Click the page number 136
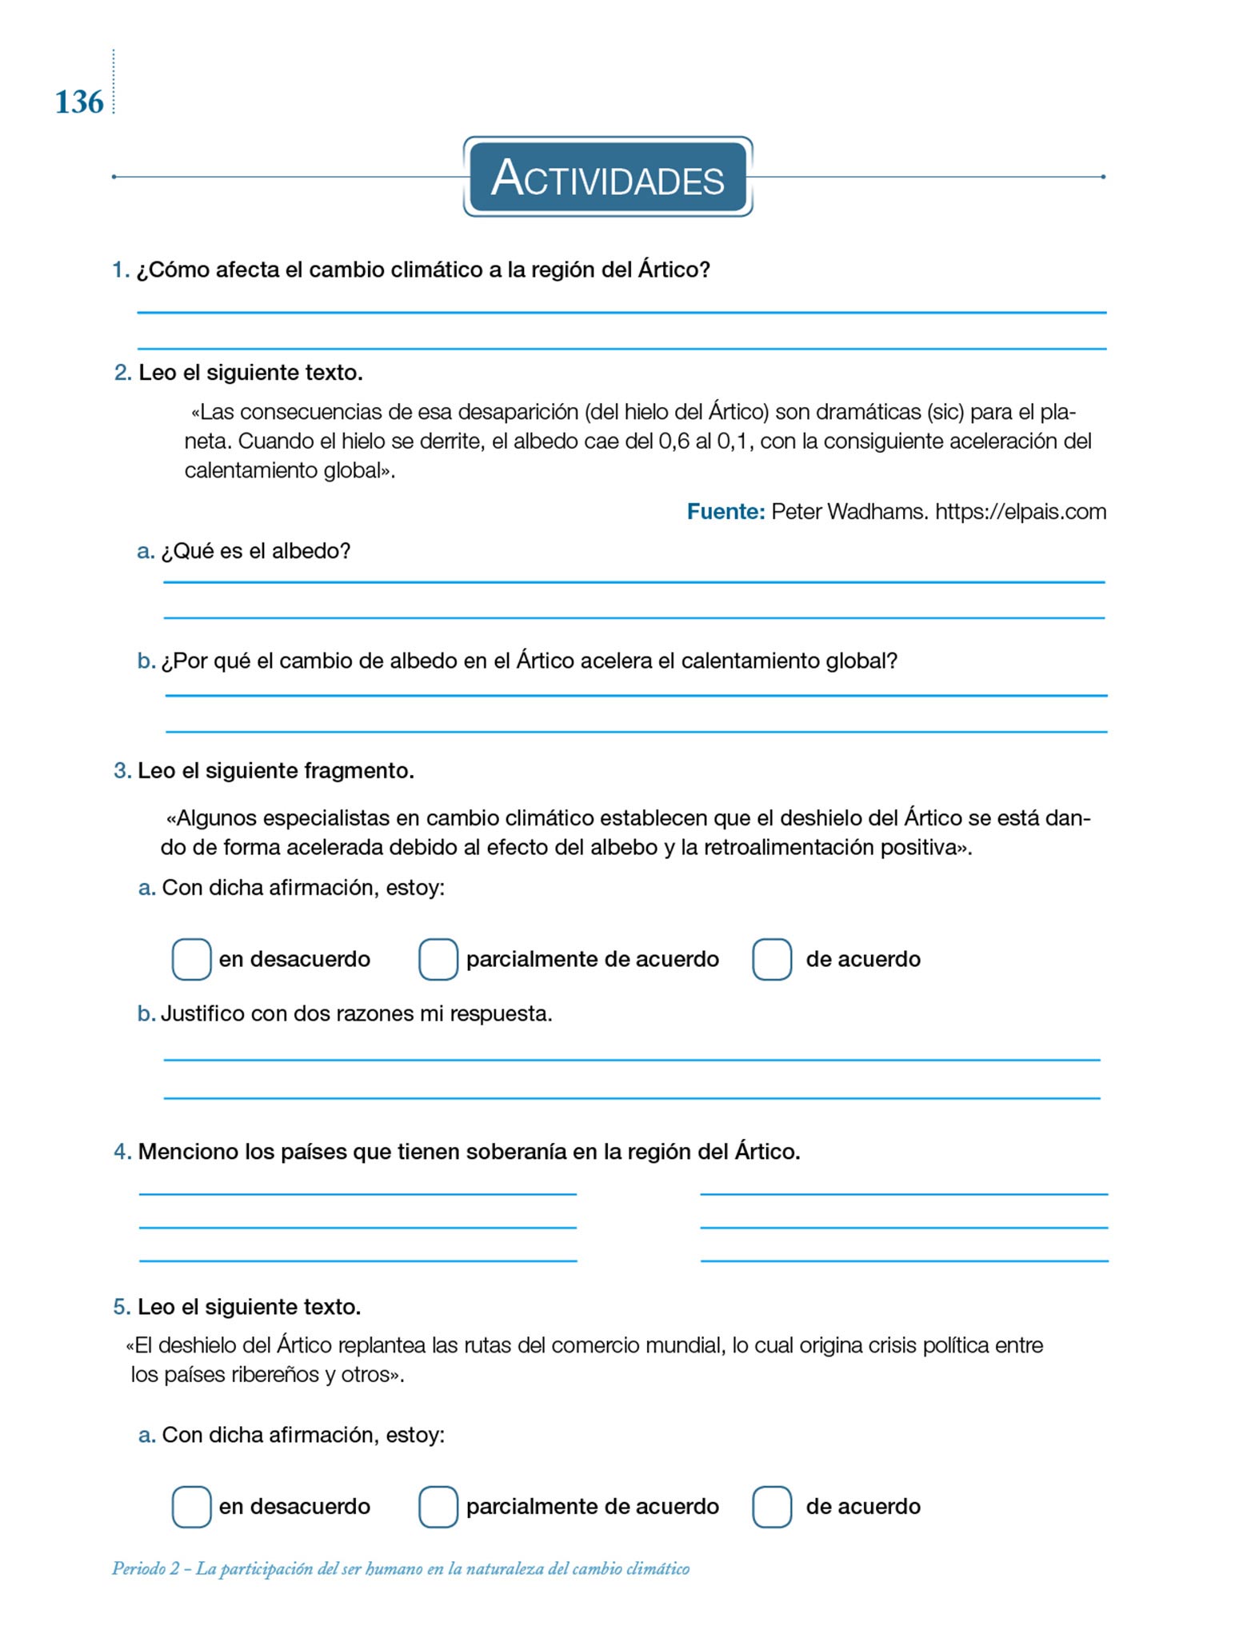click(x=79, y=102)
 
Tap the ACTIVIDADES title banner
click(x=608, y=177)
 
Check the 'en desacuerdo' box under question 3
click(x=191, y=959)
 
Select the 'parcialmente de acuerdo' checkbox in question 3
click(x=438, y=959)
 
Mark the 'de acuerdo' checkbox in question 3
click(x=772, y=959)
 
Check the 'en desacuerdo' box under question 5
click(x=191, y=1507)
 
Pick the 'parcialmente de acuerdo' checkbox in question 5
click(x=438, y=1507)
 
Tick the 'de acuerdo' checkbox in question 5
click(x=772, y=1507)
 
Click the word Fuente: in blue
click(x=726, y=512)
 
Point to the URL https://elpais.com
click(x=1021, y=512)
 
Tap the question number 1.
click(x=121, y=270)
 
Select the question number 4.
click(x=122, y=1152)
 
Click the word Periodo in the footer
click(x=139, y=1568)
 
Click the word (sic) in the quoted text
click(x=945, y=413)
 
